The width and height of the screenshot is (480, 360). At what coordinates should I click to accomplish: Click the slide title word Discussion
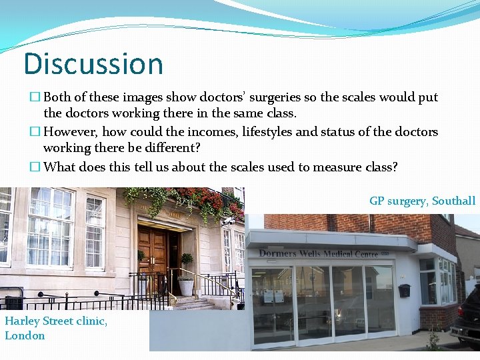(93, 64)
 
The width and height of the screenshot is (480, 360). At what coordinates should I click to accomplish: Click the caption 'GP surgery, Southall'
(422, 201)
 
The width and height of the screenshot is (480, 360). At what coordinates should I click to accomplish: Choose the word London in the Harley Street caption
(25, 336)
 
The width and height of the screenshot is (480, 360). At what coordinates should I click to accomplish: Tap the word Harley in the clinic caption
(22, 321)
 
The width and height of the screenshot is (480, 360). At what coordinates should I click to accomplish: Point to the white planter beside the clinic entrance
(186, 287)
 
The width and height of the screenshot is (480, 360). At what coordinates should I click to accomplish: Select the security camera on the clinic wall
(229, 219)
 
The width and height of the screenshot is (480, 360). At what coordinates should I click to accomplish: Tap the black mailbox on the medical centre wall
(405, 290)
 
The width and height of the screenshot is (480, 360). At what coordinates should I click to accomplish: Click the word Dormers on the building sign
(281, 253)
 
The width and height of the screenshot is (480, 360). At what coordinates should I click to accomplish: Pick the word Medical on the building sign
(341, 253)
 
